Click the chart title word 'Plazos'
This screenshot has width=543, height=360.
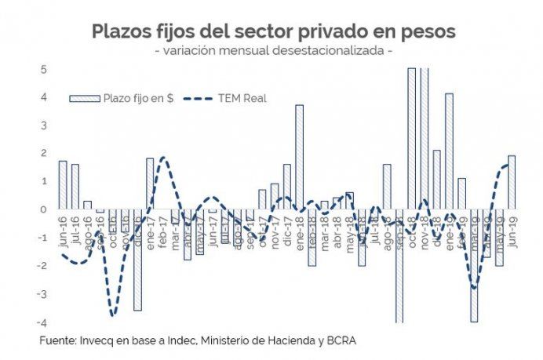click(x=122, y=31)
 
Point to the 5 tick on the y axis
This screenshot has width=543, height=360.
click(x=45, y=69)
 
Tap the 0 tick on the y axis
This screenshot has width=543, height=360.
click(x=45, y=209)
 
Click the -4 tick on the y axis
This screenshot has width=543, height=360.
click(x=43, y=322)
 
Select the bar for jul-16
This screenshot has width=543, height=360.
click(x=75, y=187)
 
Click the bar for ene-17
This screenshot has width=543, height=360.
click(x=150, y=184)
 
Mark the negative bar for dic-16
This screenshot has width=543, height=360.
click(x=137, y=260)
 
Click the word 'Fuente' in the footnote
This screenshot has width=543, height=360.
click(x=57, y=341)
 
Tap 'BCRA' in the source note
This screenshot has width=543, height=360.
click(x=350, y=341)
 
